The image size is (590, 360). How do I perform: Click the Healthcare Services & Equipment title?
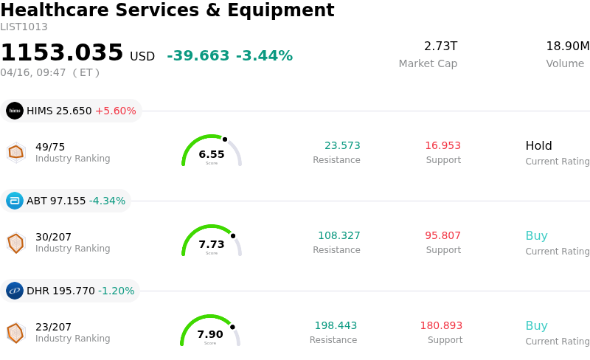point(167,10)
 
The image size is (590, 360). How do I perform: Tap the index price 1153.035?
point(62,53)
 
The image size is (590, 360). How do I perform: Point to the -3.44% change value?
point(264,56)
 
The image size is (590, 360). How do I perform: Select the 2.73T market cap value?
point(440,46)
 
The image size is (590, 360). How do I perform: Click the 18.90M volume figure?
point(567,46)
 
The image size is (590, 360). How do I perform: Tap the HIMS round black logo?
point(15,111)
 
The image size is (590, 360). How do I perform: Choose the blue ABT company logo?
point(15,201)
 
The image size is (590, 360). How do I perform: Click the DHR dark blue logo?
point(15,291)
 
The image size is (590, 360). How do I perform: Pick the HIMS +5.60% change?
point(115,111)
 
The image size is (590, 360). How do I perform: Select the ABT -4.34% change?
point(107,201)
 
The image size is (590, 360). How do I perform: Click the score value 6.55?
point(212,154)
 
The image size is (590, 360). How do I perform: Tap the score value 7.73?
point(212,244)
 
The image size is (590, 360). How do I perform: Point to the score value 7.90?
point(210,334)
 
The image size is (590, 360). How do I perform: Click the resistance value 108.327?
point(339,236)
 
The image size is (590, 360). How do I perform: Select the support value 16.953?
point(442,146)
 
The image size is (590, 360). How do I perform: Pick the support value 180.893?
point(441,326)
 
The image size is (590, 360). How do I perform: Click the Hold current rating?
point(538,146)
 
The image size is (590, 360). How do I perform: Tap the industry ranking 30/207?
point(53,237)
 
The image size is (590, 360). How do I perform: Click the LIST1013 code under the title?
point(24,27)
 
